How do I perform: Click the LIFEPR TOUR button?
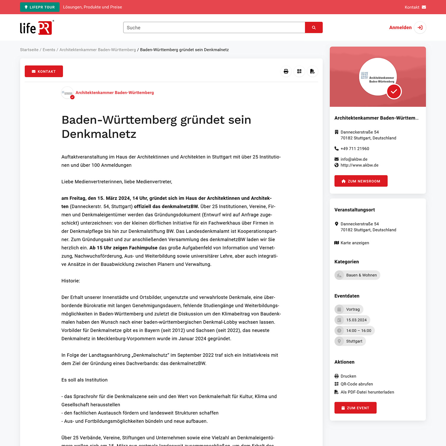(40, 7)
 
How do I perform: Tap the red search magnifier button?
(314, 28)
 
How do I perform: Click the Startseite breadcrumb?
(29, 50)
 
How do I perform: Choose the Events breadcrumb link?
(49, 50)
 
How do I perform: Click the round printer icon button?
(286, 71)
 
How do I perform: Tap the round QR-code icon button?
(299, 71)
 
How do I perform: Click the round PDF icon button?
(312, 71)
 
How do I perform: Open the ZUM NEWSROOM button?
(361, 181)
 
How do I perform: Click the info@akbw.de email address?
(354, 159)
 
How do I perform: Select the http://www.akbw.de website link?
(359, 165)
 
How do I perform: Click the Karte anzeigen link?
(354, 243)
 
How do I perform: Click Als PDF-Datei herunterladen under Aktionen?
(367, 392)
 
